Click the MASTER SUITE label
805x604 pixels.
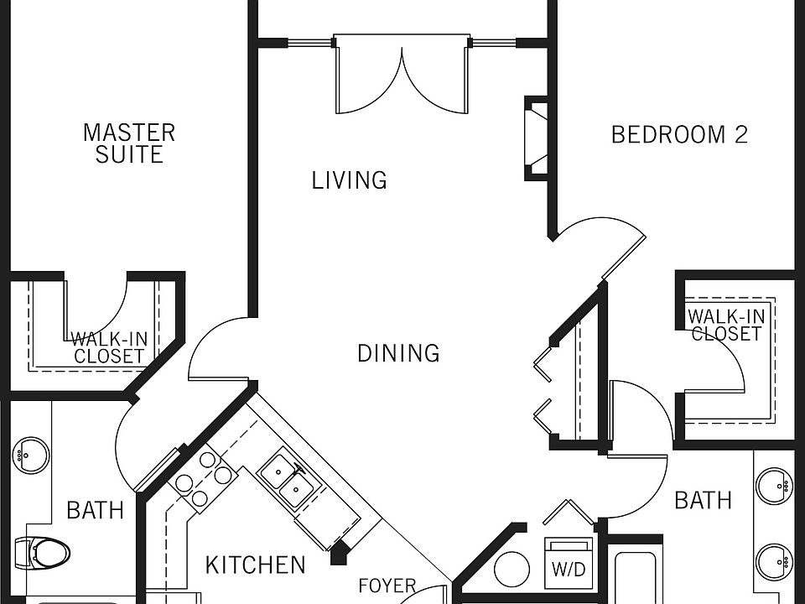pyautogui.click(x=129, y=143)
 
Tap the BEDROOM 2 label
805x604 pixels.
pyautogui.click(x=678, y=134)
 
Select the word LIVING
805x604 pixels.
pyautogui.click(x=349, y=180)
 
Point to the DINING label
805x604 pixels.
pyautogui.click(x=398, y=353)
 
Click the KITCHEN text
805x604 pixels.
pyautogui.click(x=255, y=565)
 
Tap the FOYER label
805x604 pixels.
pyautogui.click(x=387, y=586)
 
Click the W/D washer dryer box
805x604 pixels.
pyautogui.click(x=568, y=567)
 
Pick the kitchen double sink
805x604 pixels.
pyautogui.click(x=285, y=482)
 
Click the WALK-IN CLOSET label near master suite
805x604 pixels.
pyautogui.click(x=109, y=347)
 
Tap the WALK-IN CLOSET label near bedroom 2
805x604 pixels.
pyautogui.click(x=726, y=325)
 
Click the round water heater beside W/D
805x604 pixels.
pyautogui.click(x=512, y=570)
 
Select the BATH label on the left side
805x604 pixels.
pyautogui.click(x=95, y=510)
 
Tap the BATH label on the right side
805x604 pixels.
pyautogui.click(x=703, y=501)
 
